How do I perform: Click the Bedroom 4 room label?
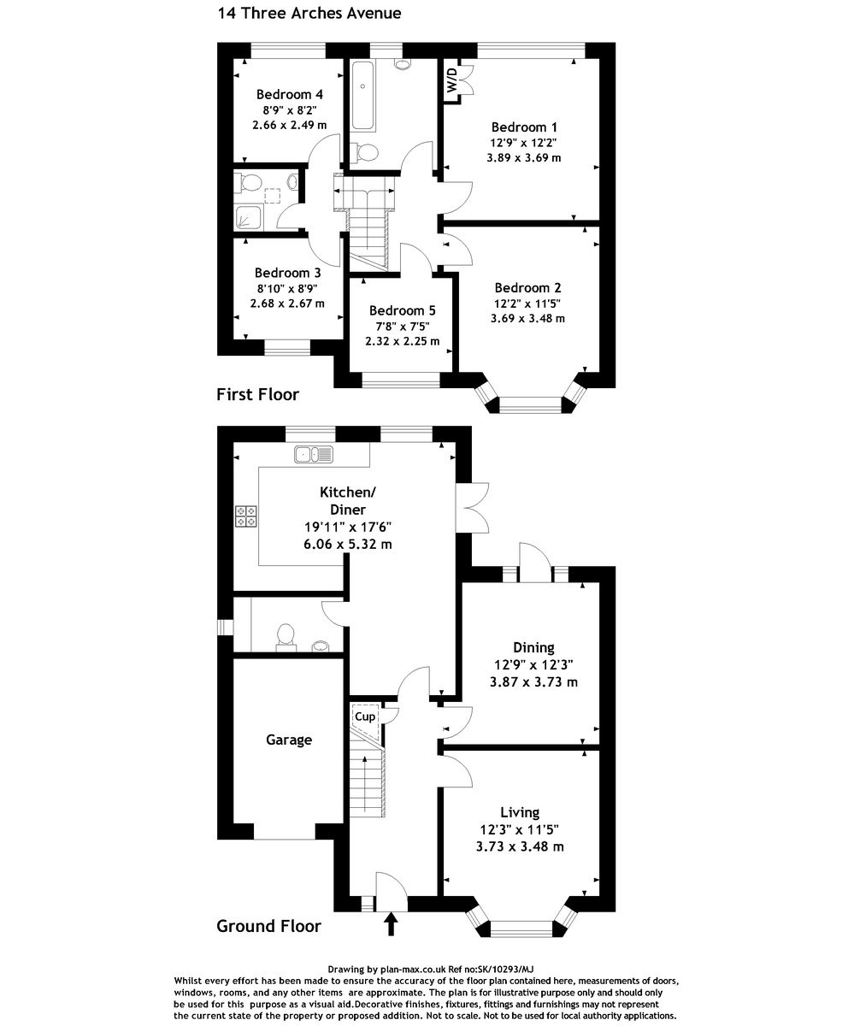(290, 94)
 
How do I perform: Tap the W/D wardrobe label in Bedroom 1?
(451, 80)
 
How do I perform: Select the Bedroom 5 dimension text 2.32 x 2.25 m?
(402, 341)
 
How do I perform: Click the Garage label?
(288, 740)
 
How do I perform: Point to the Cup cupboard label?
(365, 716)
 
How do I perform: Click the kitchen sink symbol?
(314, 454)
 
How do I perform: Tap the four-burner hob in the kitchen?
(245, 516)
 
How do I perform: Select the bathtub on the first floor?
(363, 95)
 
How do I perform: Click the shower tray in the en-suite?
(249, 216)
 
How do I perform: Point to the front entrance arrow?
(392, 923)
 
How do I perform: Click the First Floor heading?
(257, 394)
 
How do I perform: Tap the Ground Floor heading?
(268, 926)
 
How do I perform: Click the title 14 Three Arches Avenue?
(309, 14)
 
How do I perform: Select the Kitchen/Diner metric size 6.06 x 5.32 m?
(347, 544)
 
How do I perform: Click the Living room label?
(520, 812)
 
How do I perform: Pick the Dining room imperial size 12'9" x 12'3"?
(533, 665)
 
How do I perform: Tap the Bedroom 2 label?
(527, 287)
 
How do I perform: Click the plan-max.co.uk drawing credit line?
(431, 970)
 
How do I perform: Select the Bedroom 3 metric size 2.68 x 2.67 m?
(287, 304)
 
